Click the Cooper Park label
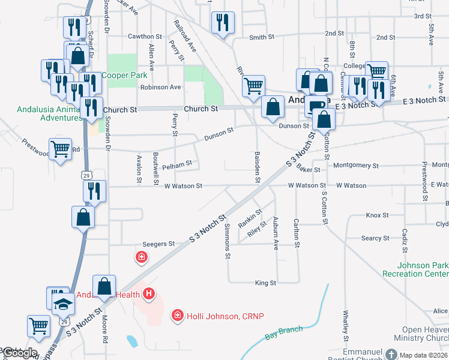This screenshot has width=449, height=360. (124, 76)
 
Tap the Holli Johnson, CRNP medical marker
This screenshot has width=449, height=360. (177, 316)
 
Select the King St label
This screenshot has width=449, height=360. (265, 283)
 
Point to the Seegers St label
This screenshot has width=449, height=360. (158, 244)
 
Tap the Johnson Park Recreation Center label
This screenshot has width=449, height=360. (423, 269)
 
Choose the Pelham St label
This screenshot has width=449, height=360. (176, 163)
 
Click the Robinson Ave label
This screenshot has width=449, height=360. (160, 88)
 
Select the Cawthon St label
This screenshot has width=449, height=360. (145, 37)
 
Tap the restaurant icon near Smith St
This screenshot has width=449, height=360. (223, 23)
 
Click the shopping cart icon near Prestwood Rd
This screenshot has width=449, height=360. (60, 149)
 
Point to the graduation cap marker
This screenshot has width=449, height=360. (62, 304)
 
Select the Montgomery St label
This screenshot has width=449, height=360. (355, 165)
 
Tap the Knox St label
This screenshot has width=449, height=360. (378, 215)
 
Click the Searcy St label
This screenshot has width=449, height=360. (375, 238)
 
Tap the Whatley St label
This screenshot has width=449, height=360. (346, 323)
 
